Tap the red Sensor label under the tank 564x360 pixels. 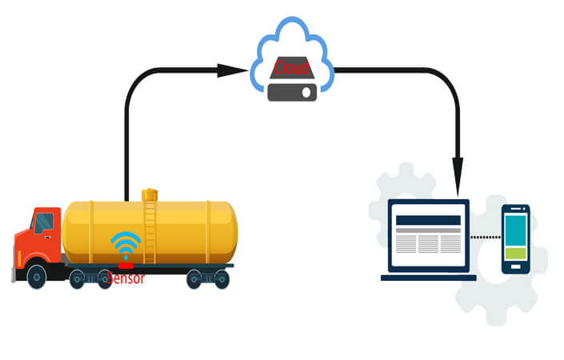pos(126,278)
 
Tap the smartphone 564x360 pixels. pos(515,238)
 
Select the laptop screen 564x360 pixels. pos(429,234)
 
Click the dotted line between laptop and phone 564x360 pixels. pos(485,237)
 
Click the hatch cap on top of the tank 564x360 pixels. pos(150,194)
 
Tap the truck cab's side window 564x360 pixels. pos(45,222)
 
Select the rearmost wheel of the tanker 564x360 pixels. pos(222,278)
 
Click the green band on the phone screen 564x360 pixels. pos(515,254)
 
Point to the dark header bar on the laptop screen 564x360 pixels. pos(429,220)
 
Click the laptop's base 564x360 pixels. pos(429,278)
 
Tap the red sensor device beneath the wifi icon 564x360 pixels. pos(126,265)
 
